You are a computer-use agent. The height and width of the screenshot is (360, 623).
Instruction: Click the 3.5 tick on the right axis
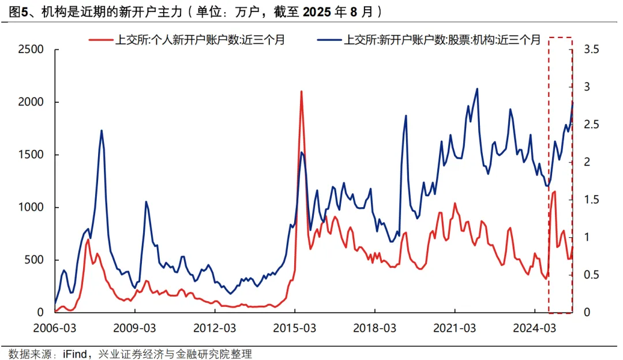(592, 50)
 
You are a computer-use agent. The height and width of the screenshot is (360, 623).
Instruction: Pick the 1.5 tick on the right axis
(592, 200)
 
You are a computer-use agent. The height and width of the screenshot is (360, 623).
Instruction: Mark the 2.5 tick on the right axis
(592, 125)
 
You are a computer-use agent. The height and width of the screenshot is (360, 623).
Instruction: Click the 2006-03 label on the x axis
(55, 328)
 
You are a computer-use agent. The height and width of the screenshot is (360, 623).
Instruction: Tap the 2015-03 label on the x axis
(294, 328)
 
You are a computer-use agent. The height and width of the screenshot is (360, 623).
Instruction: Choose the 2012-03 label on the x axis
(215, 328)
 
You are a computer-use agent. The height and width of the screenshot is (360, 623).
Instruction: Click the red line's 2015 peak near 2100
(301, 91)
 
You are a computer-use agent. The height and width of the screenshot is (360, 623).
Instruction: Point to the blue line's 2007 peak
(102, 130)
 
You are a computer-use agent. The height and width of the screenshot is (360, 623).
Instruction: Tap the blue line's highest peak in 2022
(477, 89)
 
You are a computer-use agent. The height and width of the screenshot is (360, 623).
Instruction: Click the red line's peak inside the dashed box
(554, 191)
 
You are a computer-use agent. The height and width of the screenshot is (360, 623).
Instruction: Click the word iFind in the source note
(75, 354)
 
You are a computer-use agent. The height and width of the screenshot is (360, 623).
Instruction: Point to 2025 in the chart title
(320, 11)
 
